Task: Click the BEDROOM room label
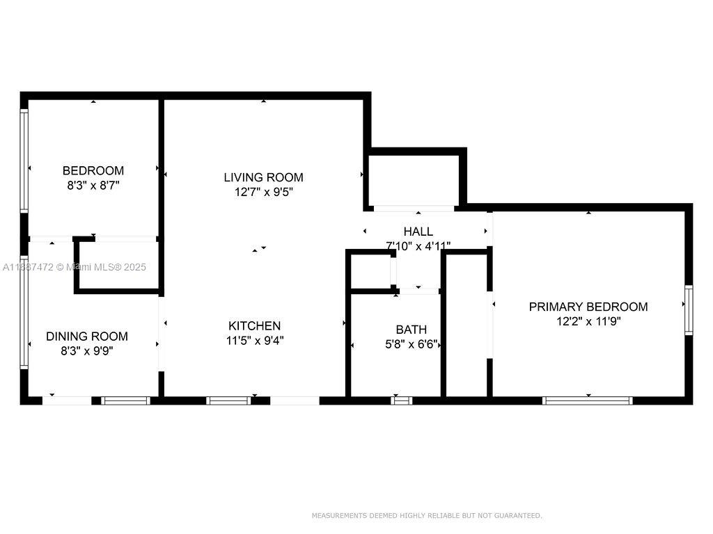pos(93,170)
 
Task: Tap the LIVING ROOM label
pos(263,177)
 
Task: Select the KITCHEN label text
pos(255,325)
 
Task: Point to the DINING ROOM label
pos(87,337)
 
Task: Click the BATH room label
pos(411,330)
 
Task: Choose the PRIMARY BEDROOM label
pos(588,307)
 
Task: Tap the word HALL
pos(418,232)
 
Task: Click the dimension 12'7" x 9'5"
pos(263,193)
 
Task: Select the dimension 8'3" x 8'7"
pos(93,186)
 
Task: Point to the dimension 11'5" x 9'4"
pos(255,341)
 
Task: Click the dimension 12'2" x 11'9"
pos(588,321)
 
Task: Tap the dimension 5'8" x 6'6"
pos(411,344)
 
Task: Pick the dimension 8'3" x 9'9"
pos(87,351)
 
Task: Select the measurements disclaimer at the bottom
pos(426,515)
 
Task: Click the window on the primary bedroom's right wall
pos(688,310)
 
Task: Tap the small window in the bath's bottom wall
pos(401,400)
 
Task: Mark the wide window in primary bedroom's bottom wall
pos(587,400)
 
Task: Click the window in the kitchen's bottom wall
pos(228,400)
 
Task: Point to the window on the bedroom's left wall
pos(24,161)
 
